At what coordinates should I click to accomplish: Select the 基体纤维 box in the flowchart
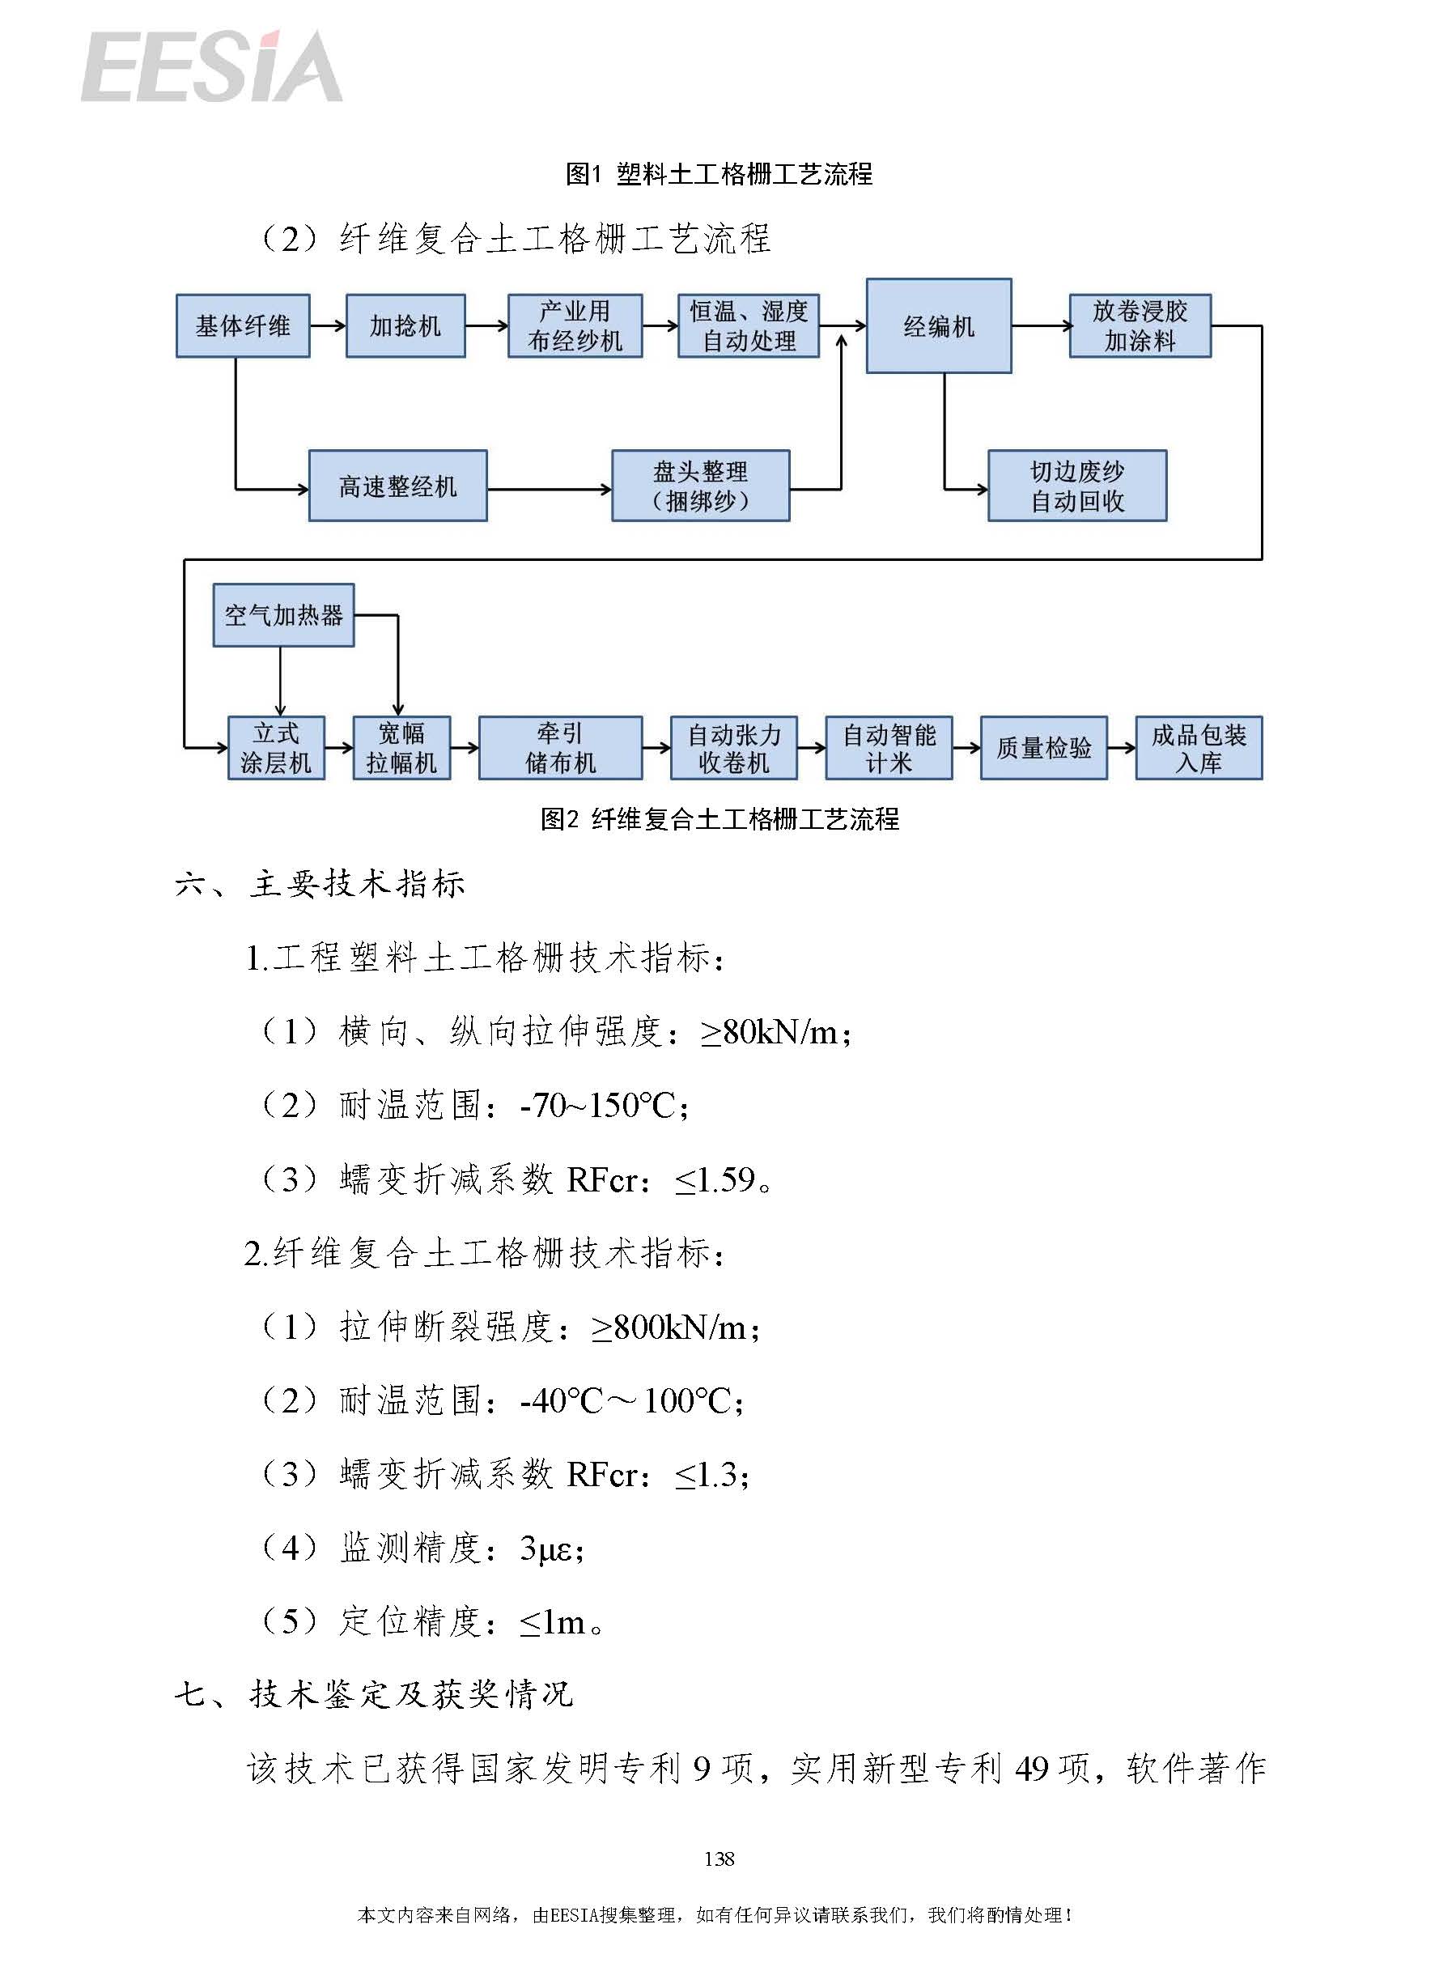[243, 326]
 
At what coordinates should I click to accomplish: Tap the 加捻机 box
[405, 326]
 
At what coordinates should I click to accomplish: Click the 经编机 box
[939, 326]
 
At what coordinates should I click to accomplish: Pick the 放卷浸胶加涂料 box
[1140, 326]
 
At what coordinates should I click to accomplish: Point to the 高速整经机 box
[398, 486]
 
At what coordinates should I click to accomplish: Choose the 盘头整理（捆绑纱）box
[700, 486]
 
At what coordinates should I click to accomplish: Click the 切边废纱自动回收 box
[1077, 486]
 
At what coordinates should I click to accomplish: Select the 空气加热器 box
[284, 615]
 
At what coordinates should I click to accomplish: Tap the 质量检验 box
[1044, 748]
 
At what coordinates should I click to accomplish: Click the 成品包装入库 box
[1199, 748]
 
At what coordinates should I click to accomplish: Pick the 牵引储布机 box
[560, 748]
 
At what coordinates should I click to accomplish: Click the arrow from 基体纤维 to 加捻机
[328, 326]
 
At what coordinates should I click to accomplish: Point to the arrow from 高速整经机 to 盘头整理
[550, 489]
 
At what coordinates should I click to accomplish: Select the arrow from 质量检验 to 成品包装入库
[1122, 748]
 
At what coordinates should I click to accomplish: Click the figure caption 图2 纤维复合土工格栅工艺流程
[719, 818]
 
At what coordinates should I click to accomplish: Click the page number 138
[719, 1858]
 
